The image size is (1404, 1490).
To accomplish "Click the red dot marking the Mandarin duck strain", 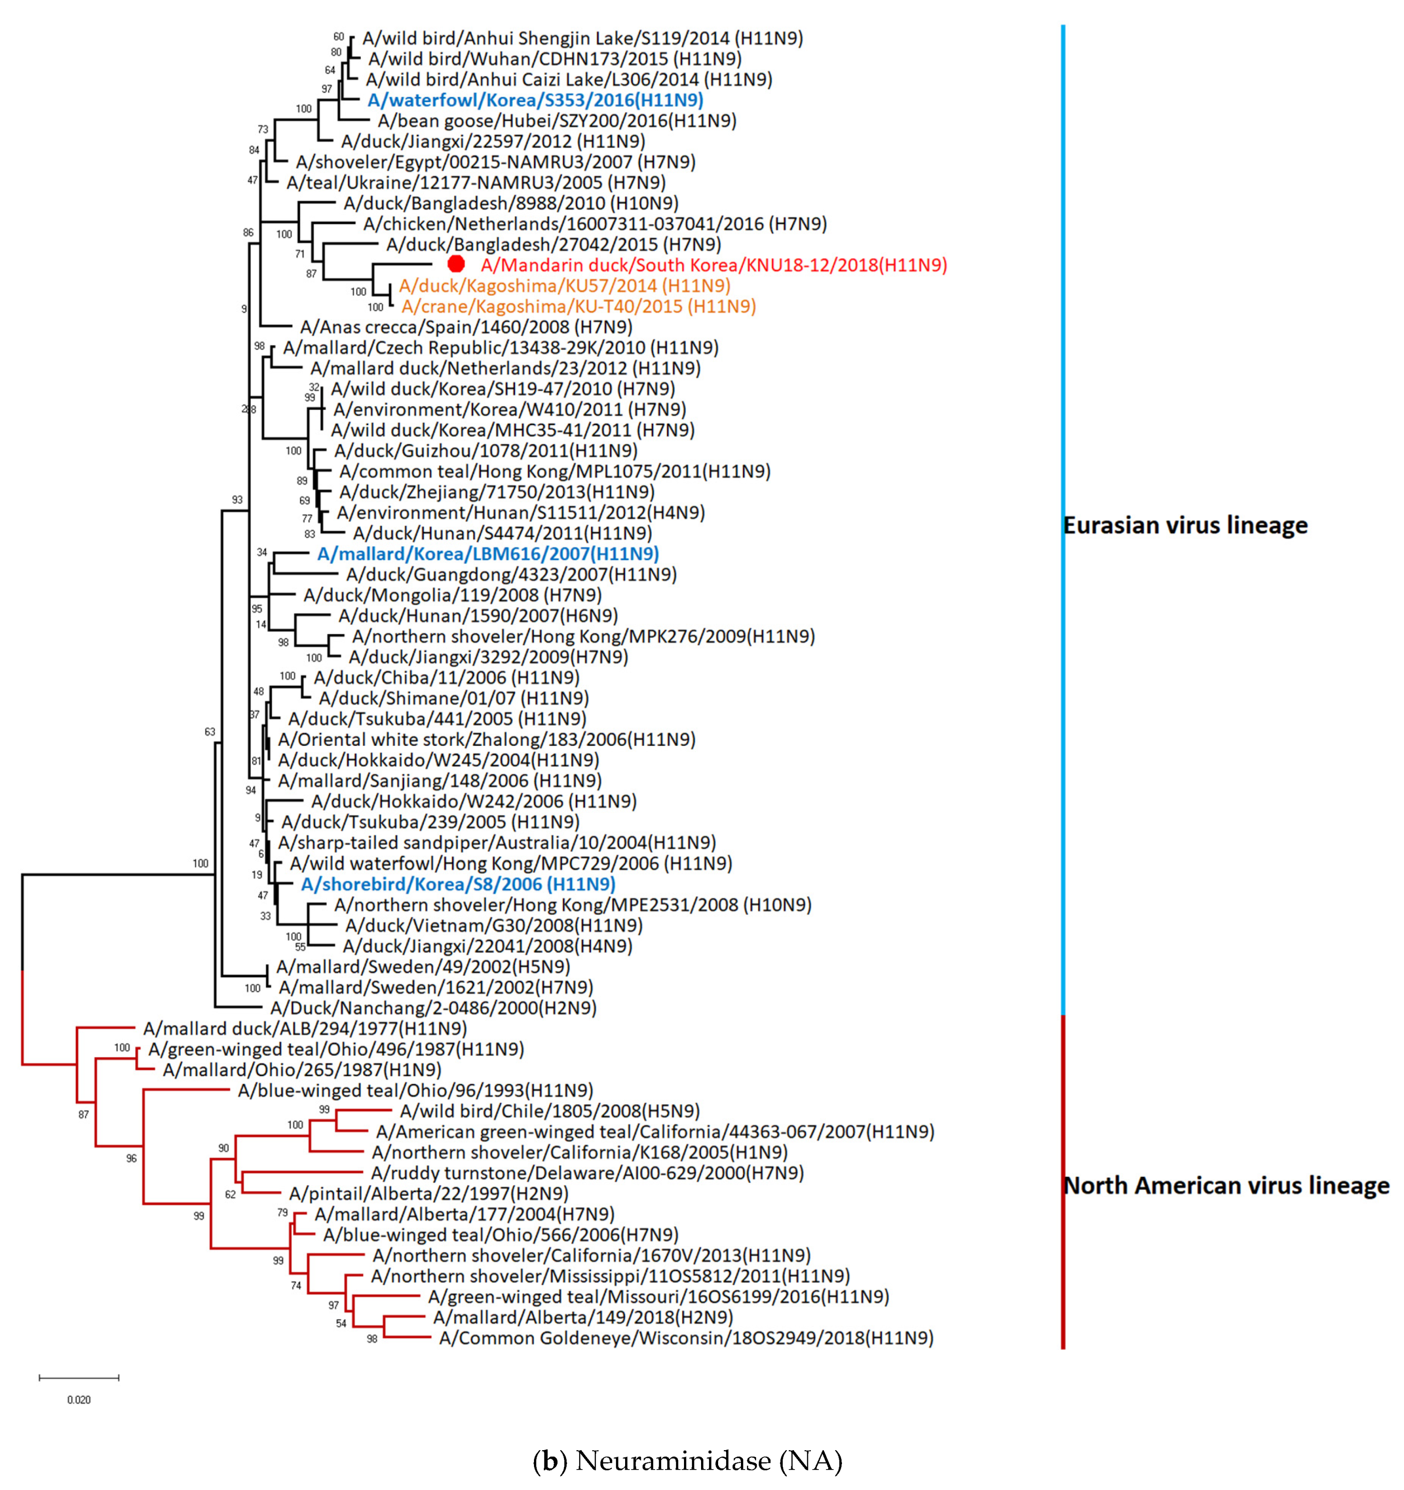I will pyautogui.click(x=456, y=264).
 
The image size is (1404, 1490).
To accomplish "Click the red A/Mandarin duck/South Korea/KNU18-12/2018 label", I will pyautogui.click(x=713, y=265).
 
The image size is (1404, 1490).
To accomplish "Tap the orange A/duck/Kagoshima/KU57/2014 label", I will pyautogui.click(x=564, y=286).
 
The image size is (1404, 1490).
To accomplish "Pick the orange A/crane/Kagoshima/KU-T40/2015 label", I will pyautogui.click(x=579, y=306).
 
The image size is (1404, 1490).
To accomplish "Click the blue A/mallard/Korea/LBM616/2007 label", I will pyautogui.click(x=488, y=554).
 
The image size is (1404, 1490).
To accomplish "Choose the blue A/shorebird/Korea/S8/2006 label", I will pyautogui.click(x=458, y=885).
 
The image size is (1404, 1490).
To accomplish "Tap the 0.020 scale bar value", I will pyautogui.click(x=79, y=1400).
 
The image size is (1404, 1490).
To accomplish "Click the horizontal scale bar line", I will pyautogui.click(x=79, y=1378).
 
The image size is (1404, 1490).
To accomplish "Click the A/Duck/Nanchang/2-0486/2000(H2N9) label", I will pyautogui.click(x=433, y=1008).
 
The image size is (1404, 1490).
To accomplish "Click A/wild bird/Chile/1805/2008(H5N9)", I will pyautogui.click(x=550, y=1111).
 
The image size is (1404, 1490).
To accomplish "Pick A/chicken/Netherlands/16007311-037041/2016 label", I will pyautogui.click(x=594, y=223).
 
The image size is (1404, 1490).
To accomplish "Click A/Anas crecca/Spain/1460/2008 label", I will pyautogui.click(x=466, y=327).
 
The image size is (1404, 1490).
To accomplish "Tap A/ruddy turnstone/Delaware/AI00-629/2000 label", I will pyautogui.click(x=587, y=1173).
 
